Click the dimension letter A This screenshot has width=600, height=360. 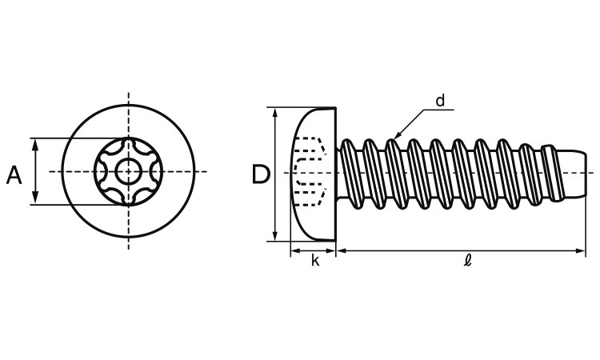[x=14, y=174]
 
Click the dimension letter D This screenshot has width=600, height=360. [x=260, y=174]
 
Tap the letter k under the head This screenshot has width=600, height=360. [x=314, y=261]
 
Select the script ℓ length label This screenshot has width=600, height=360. [x=467, y=262]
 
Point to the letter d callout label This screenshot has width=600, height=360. [x=439, y=102]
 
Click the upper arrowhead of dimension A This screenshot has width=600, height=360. [x=36, y=142]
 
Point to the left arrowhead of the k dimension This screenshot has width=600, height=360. [x=294, y=251]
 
